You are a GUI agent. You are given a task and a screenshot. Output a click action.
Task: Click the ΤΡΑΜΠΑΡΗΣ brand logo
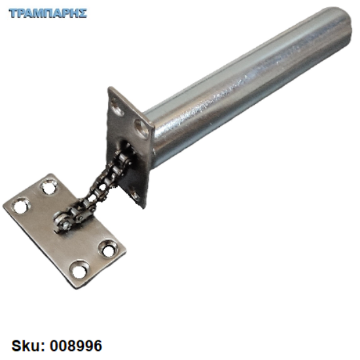pyautogui.click(x=48, y=13)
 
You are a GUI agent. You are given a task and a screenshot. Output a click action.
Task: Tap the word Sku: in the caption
pyautogui.click(x=28, y=346)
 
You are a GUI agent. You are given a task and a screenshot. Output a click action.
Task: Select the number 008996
pyautogui.click(x=76, y=346)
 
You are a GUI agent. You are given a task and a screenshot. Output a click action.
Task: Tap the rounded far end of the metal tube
pyautogui.click(x=342, y=26)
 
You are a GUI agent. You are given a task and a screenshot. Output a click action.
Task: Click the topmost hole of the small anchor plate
pyautogui.click(x=49, y=187)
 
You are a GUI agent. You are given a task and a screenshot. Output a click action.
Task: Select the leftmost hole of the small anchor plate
pyautogui.click(x=21, y=206)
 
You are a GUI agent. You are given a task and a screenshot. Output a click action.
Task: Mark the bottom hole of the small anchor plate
pyautogui.click(x=79, y=270)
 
